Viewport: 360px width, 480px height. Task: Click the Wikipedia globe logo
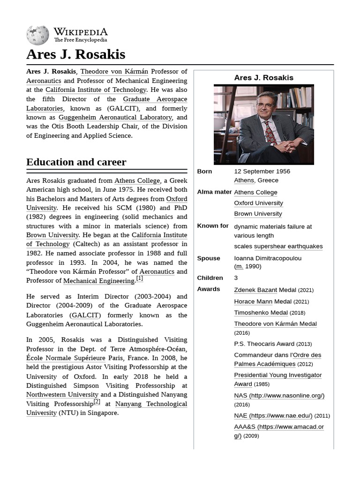click(x=37, y=35)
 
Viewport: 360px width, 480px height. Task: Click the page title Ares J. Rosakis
click(x=75, y=54)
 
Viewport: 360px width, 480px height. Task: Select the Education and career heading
click(x=76, y=162)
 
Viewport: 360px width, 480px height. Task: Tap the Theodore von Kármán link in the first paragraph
click(x=114, y=72)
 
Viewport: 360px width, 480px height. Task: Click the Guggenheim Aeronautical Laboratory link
click(x=115, y=117)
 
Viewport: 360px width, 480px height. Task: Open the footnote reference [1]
click(x=139, y=278)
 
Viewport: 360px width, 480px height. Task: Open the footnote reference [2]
click(x=97, y=401)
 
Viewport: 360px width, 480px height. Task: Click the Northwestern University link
click(x=62, y=395)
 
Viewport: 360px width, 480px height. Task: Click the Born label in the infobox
click(x=204, y=172)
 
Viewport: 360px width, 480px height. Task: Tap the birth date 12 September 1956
click(x=262, y=172)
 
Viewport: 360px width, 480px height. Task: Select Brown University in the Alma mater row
click(x=258, y=214)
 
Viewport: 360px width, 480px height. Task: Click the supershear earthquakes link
click(x=288, y=247)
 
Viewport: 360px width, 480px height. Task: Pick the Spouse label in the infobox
click(x=209, y=258)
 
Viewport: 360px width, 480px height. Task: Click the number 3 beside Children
click(x=236, y=278)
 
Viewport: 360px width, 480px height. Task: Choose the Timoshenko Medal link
click(x=261, y=313)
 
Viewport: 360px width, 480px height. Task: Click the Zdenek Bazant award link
click(x=255, y=290)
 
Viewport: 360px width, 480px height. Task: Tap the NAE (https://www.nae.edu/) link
click(x=273, y=415)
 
